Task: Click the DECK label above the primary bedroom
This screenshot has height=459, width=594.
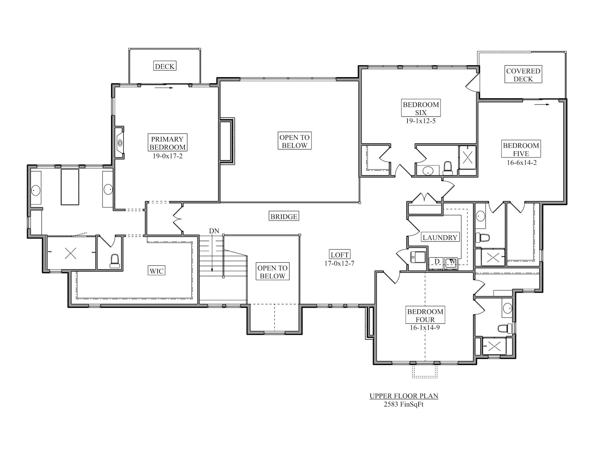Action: (164, 66)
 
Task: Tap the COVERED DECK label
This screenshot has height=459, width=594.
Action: (523, 75)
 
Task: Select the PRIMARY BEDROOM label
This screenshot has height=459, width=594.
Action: (167, 143)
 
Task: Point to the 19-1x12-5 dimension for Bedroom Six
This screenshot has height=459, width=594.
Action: (421, 121)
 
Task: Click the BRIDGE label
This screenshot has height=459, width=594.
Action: (284, 216)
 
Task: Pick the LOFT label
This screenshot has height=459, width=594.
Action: (339, 255)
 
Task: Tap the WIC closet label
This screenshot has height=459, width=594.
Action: (157, 271)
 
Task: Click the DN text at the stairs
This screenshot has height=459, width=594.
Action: (214, 231)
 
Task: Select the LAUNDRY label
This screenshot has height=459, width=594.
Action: (440, 238)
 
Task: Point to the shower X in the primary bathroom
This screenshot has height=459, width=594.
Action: (71, 253)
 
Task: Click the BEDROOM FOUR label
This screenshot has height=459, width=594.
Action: (425, 315)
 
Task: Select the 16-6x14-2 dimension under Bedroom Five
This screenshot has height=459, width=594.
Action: (521, 162)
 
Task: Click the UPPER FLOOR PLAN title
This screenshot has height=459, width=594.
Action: (403, 396)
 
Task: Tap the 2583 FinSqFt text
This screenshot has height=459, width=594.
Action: (403, 404)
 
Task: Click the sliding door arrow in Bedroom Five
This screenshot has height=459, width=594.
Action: (542, 105)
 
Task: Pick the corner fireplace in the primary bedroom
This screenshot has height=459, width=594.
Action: (119, 143)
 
